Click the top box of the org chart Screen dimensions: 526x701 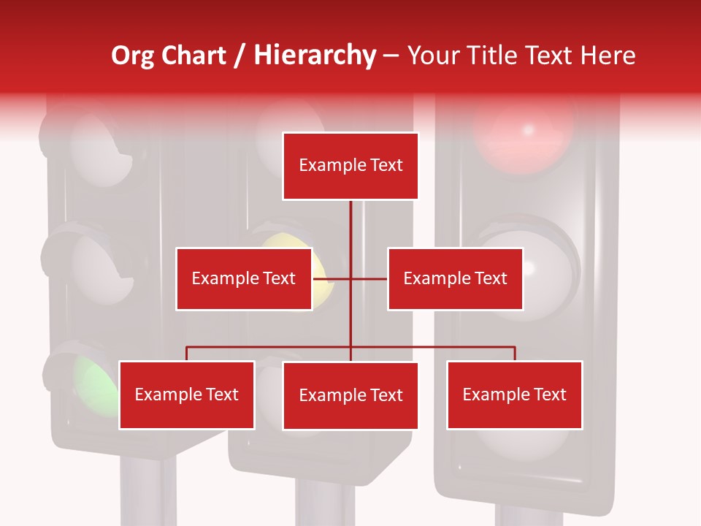350,166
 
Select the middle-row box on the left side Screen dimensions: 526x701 244,278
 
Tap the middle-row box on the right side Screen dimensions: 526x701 455,278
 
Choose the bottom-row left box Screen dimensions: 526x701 187,395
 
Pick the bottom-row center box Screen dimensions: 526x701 350,396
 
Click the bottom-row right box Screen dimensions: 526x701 515,395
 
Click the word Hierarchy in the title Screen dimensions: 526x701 315,56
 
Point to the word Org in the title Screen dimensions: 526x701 132,56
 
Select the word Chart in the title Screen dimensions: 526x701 193,56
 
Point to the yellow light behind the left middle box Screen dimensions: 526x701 321,263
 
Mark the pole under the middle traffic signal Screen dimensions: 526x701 325,504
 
